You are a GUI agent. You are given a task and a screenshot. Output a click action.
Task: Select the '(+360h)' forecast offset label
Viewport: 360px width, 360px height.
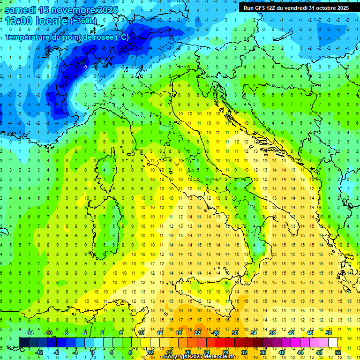pos(83,21)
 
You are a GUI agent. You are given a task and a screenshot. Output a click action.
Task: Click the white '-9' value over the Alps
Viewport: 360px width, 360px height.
pos(85,67)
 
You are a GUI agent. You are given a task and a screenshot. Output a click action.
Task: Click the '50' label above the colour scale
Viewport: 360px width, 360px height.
pos(329,333)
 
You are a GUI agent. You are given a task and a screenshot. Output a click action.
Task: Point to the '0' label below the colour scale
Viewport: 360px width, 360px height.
pos(93,352)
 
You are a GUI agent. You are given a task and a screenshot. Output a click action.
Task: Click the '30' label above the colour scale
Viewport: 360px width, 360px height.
pos(235,333)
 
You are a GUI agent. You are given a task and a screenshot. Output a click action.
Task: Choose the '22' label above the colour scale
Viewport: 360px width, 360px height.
pos(197,333)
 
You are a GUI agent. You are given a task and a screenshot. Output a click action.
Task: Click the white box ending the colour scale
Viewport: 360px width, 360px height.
pos(333,342)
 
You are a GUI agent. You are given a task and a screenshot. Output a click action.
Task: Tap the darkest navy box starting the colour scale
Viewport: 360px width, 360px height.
pos(23,342)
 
